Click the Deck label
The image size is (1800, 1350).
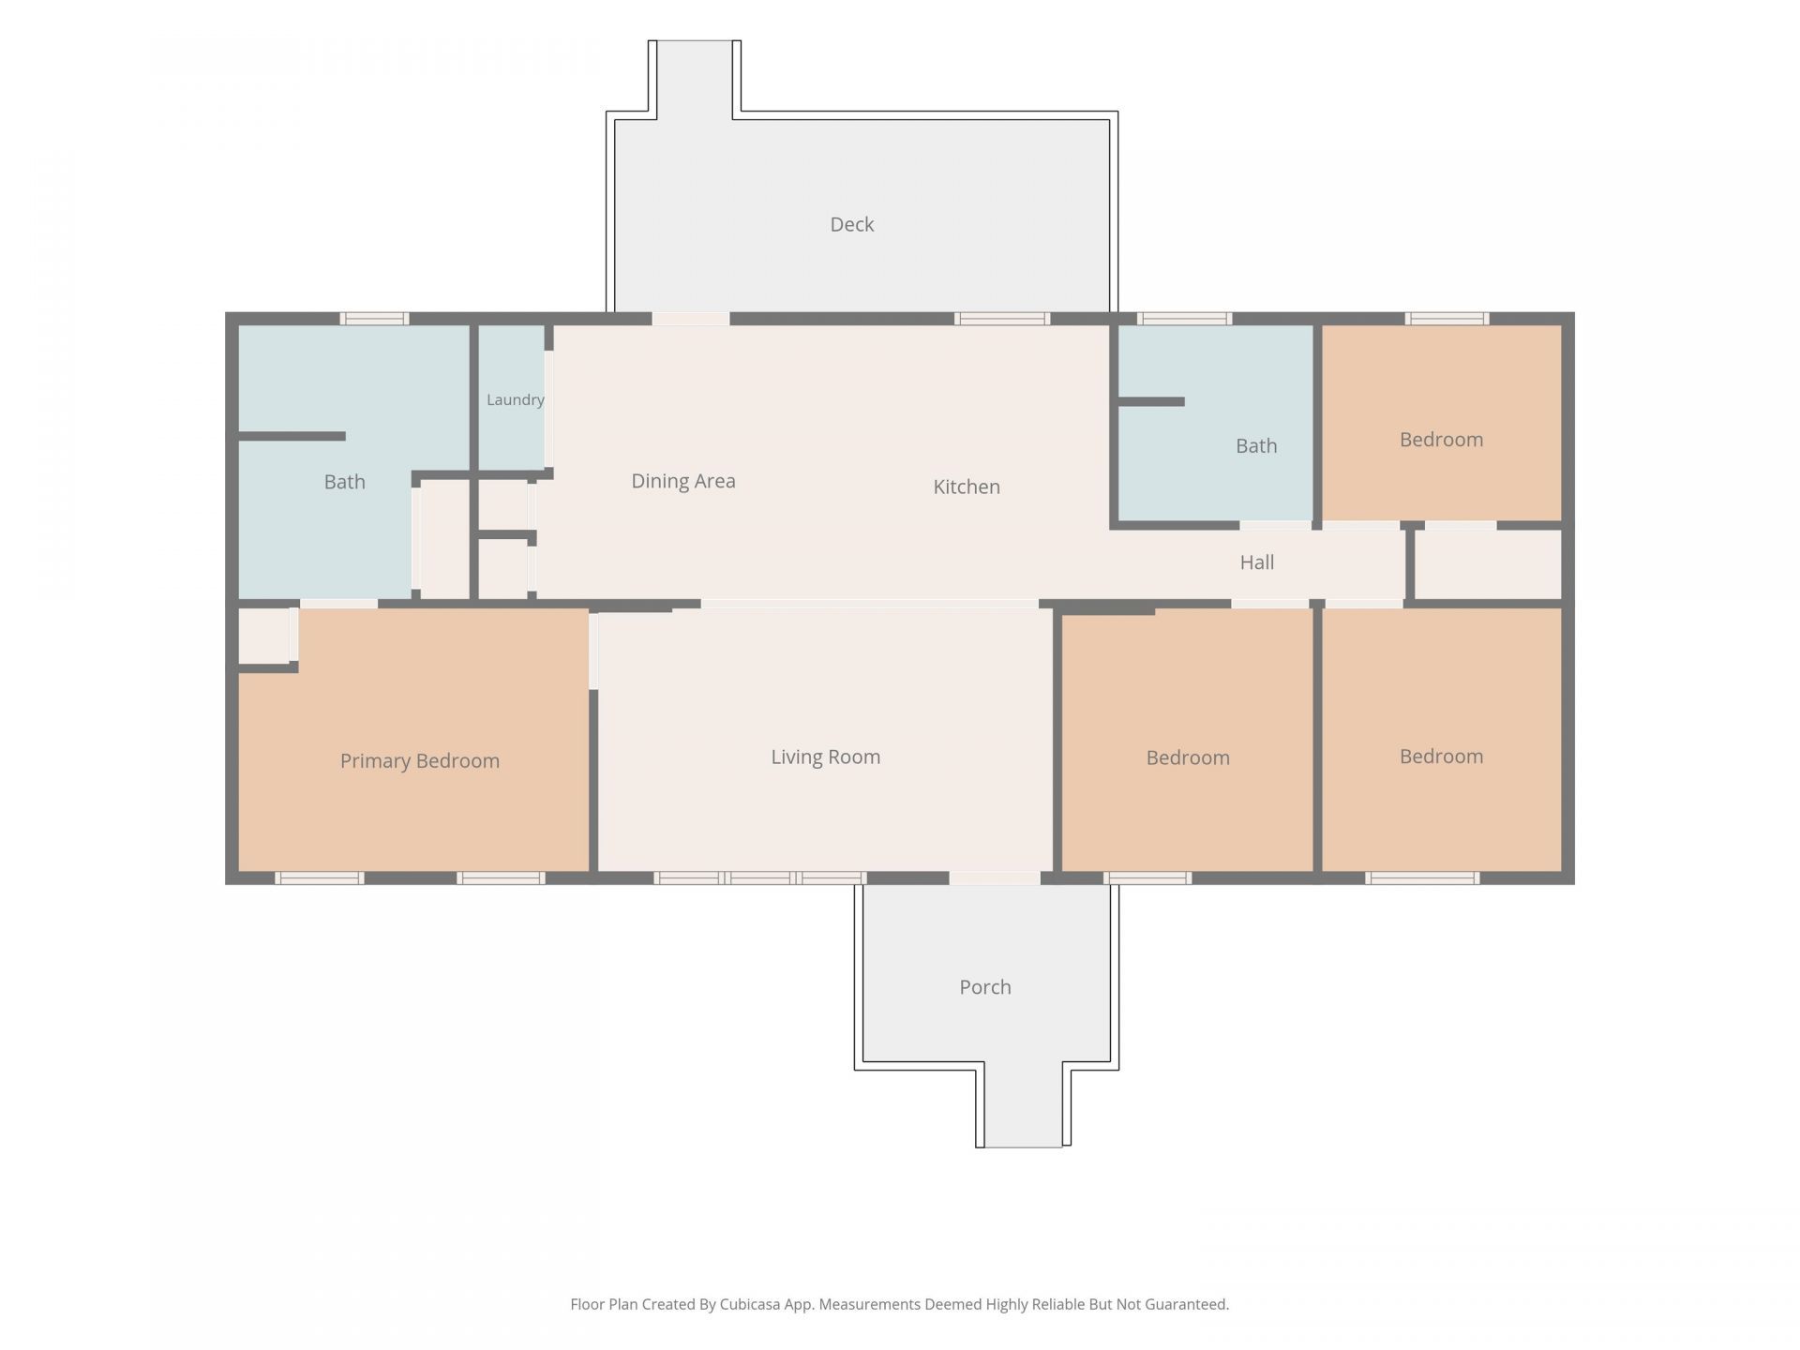coord(851,225)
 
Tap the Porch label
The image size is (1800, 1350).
coord(984,987)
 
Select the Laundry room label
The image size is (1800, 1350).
coord(515,400)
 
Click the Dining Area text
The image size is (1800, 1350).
coord(682,481)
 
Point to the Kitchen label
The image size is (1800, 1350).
coord(967,487)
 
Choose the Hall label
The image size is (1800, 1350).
coord(1256,562)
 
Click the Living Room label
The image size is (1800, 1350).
coord(825,757)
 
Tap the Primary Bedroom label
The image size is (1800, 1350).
coord(419,761)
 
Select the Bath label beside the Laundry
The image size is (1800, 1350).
coord(344,482)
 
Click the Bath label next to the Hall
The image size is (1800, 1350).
coord(1256,446)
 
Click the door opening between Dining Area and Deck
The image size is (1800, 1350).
coord(691,319)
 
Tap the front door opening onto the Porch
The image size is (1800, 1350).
coord(995,878)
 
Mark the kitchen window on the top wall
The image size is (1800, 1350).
coord(1002,319)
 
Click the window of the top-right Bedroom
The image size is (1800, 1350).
coord(1447,319)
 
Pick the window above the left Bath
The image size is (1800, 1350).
coord(374,319)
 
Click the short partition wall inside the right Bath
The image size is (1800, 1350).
coord(1151,402)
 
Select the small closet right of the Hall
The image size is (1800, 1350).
coord(1488,564)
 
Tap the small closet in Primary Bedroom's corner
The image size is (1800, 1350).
coord(263,637)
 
